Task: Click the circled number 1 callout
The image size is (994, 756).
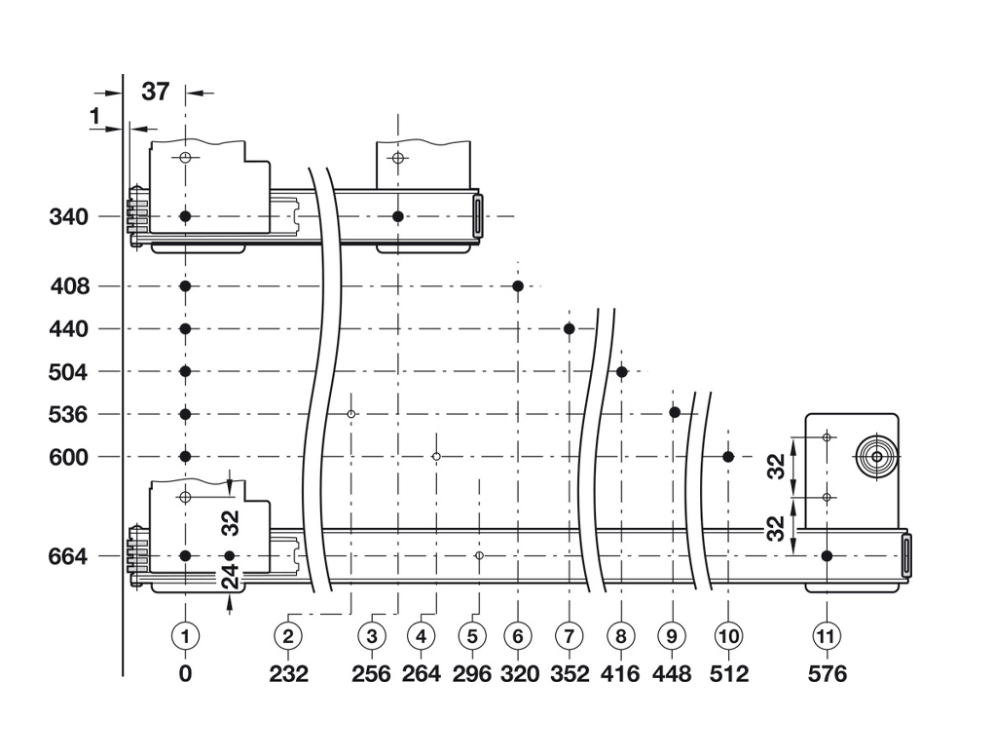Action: click(x=185, y=636)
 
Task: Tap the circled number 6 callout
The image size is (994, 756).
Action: click(x=518, y=636)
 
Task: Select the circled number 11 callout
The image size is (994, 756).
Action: click(x=826, y=636)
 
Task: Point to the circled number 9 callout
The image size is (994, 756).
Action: click(x=671, y=636)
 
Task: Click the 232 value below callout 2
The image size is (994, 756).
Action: click(x=288, y=673)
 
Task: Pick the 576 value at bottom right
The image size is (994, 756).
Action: click(x=826, y=673)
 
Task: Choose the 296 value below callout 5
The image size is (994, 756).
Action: click(x=472, y=673)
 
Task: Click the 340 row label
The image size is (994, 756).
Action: click(x=69, y=216)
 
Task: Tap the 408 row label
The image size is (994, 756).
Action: click(x=69, y=286)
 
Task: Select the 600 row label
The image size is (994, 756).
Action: click(x=69, y=457)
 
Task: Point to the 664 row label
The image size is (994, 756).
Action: click(x=69, y=556)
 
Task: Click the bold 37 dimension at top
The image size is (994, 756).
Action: click(x=156, y=93)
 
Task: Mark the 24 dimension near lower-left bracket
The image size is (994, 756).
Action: click(x=231, y=583)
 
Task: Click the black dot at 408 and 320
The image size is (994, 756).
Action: click(x=518, y=285)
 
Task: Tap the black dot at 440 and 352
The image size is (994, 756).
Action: click(x=569, y=328)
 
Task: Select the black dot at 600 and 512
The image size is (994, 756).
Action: click(x=728, y=456)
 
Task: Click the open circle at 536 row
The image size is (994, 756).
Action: click(x=351, y=414)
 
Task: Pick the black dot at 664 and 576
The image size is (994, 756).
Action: click(x=826, y=556)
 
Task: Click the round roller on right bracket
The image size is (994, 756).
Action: click(x=876, y=456)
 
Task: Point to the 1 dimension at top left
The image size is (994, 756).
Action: click(x=94, y=117)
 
